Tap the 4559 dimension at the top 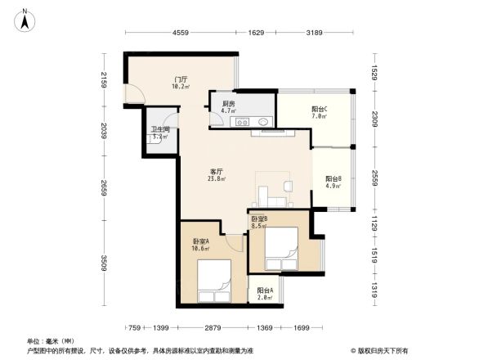point(181,33)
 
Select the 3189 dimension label point(314,33)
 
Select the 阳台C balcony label point(320,113)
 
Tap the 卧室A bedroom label point(201,245)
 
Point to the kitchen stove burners point(243,123)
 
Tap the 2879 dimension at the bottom point(213,327)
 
